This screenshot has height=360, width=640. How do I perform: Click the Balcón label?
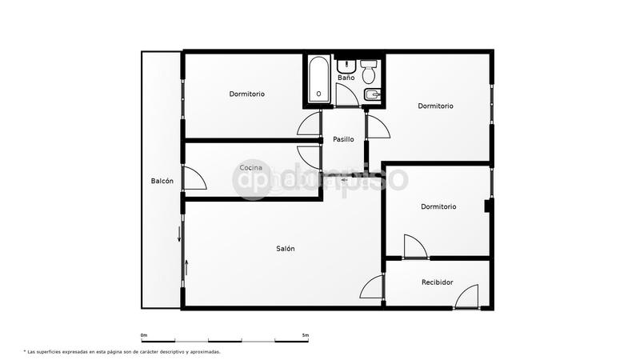coord(162,181)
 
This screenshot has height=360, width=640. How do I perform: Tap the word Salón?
coord(286,249)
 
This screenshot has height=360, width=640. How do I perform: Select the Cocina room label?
coord(251,167)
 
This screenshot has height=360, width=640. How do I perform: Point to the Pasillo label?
coord(343,139)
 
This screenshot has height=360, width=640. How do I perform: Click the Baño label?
coord(346,78)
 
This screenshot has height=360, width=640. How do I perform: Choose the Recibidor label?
coord(438,282)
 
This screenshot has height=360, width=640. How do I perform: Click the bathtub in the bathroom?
coord(318,80)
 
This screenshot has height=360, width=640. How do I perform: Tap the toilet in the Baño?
coord(369,73)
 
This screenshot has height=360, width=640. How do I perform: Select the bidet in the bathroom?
coord(371,97)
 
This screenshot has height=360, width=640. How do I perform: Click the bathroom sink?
coord(346,64)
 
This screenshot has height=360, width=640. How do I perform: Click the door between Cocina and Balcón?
coord(194,178)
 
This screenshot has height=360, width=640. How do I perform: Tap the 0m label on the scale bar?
coord(144,334)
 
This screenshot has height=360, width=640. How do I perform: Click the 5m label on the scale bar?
coord(306,334)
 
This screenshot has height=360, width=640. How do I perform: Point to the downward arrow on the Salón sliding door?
coord(179,234)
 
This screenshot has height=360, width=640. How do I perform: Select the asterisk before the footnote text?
coord(26,351)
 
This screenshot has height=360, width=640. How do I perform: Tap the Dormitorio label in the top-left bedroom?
coord(246,94)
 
